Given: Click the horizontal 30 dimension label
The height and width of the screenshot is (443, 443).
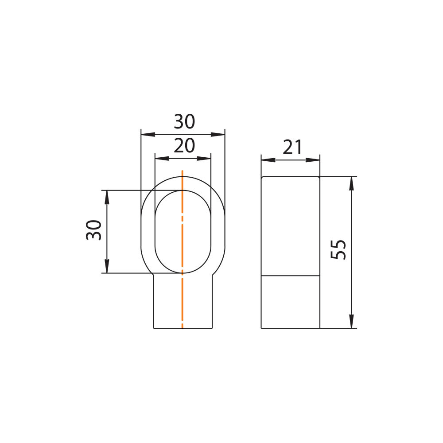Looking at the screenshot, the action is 184,121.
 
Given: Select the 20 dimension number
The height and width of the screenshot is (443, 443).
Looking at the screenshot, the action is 184,145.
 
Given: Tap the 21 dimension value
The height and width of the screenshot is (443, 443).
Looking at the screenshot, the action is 292,147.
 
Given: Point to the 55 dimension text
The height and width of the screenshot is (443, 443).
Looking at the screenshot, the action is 338,249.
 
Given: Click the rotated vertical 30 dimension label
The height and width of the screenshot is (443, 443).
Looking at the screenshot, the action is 93,230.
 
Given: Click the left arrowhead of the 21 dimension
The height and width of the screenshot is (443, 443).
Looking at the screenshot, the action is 268,160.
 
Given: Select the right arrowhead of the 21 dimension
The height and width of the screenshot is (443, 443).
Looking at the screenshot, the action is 313,160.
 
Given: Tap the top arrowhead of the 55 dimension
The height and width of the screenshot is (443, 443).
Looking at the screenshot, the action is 351,184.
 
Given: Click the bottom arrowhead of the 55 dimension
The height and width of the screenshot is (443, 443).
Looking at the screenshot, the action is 351,321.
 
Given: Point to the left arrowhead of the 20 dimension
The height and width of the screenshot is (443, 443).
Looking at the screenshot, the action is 162,159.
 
